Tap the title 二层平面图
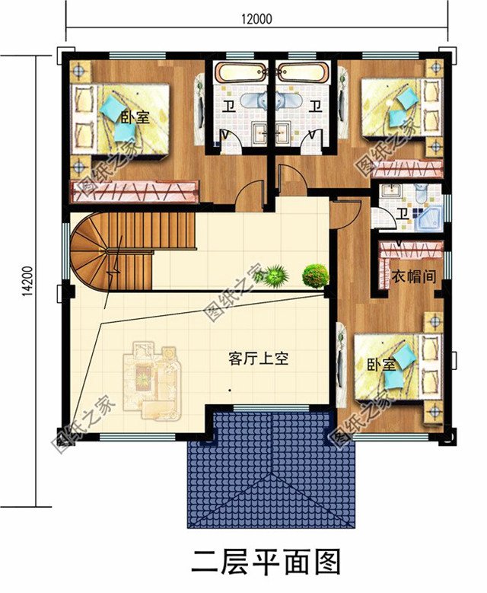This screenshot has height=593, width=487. pyautogui.click(x=265, y=563)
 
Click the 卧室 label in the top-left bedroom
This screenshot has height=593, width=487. pyautogui.click(x=134, y=117)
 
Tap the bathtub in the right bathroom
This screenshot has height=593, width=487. pyautogui.click(x=304, y=74)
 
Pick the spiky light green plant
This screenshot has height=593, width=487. pyautogui.click(x=275, y=274)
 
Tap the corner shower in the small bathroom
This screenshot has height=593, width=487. pyautogui.click(x=428, y=217)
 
